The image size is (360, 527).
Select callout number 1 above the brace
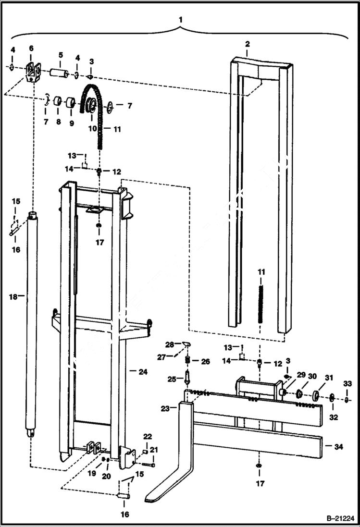coord(180,20)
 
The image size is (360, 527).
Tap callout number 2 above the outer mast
coord(247,44)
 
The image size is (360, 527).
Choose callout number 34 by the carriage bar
coord(339,446)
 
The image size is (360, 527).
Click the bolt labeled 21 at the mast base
coord(149,465)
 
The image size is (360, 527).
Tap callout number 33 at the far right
coord(347,383)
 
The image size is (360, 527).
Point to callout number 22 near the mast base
coord(148,436)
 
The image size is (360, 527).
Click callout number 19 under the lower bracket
coord(92,473)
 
